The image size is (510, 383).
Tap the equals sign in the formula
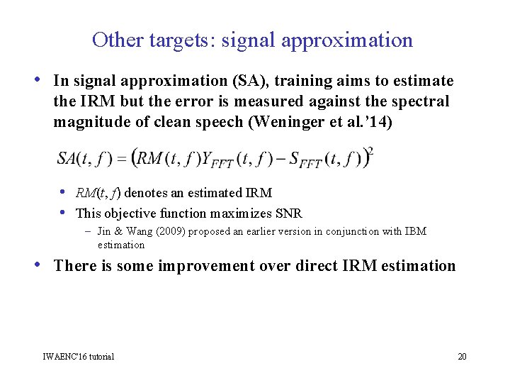coord(121,159)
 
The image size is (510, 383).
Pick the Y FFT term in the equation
coord(213,158)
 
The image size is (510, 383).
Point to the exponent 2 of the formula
coord(370,150)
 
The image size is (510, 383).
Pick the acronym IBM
coord(414,232)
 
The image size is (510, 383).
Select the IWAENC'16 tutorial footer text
coord(79,356)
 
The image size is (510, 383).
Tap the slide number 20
coord(462,356)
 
